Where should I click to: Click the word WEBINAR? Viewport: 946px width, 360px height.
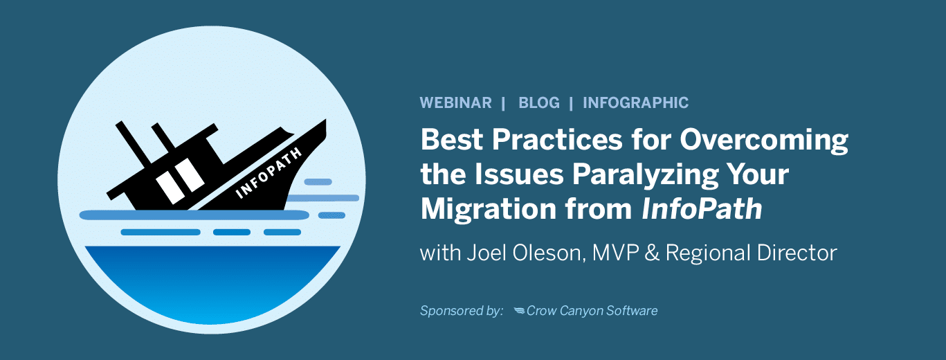click(455, 102)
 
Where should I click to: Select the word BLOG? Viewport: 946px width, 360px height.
click(539, 102)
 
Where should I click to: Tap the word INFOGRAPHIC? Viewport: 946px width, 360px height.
click(635, 102)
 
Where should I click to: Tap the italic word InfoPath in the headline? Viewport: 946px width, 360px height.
click(702, 209)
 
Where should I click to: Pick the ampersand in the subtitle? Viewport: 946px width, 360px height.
click(652, 253)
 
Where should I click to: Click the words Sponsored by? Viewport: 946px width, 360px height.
click(462, 311)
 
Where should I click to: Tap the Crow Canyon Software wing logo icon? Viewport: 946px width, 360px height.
click(519, 311)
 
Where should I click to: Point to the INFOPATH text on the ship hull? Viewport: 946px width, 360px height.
click(269, 173)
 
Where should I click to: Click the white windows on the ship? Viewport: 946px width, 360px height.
click(181, 181)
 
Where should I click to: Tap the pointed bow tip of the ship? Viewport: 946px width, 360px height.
click(325, 120)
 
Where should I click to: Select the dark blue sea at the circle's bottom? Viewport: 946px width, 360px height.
click(212, 283)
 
